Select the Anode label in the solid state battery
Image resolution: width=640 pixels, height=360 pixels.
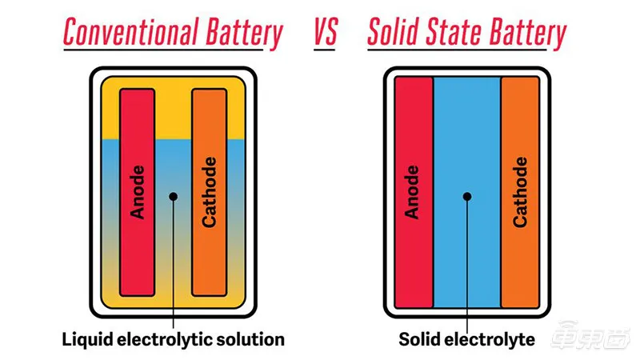[x=413, y=192]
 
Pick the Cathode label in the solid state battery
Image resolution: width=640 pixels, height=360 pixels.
[x=521, y=192]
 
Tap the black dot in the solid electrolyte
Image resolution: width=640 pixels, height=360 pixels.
[x=467, y=195]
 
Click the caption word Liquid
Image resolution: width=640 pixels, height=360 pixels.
[x=86, y=339]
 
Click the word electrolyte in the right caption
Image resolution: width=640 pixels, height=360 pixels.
[x=490, y=339]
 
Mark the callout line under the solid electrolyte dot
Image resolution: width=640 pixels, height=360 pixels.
[x=467, y=264]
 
